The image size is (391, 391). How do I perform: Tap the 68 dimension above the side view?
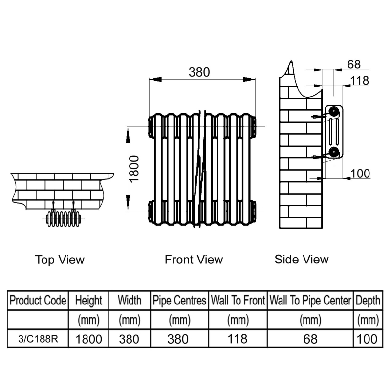click(354, 64)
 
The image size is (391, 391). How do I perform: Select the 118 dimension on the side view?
click(359, 81)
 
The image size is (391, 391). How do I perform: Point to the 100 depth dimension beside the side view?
click(360, 174)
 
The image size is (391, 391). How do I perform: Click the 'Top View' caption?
click(60, 260)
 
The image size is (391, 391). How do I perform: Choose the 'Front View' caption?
click(194, 260)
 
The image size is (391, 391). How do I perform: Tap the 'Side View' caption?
click(302, 259)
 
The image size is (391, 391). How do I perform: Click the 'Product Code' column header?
click(38, 300)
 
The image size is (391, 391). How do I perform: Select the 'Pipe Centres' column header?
click(179, 300)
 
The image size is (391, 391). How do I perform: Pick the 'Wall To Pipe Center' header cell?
click(310, 300)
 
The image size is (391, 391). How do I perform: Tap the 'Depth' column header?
click(368, 300)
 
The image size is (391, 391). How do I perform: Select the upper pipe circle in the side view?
click(334, 111)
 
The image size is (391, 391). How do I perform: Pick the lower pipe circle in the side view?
click(334, 151)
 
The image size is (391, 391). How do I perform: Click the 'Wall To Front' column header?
click(238, 300)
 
